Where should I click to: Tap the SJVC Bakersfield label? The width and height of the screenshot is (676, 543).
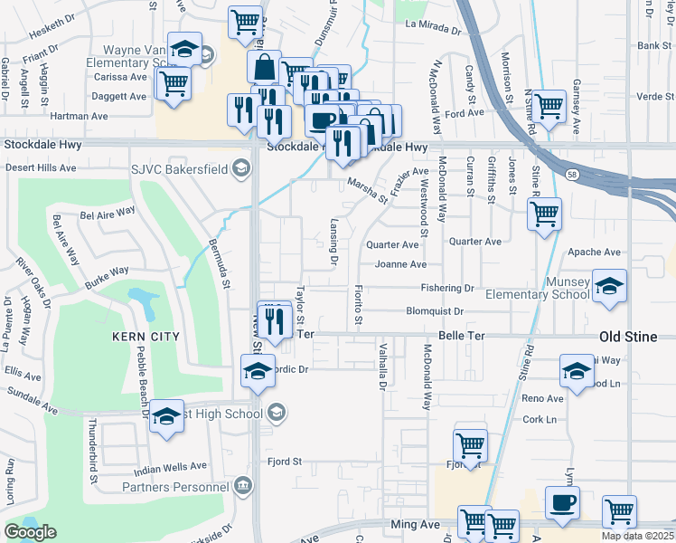pyautogui.click(x=185, y=167)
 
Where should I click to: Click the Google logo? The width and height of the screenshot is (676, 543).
pyautogui.click(x=30, y=532)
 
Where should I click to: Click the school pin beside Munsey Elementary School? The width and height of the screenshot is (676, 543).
pyautogui.click(x=609, y=285)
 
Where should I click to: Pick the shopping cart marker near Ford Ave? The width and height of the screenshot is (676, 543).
pyautogui.click(x=549, y=105)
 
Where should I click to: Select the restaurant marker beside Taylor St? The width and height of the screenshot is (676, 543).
pyautogui.click(x=276, y=318)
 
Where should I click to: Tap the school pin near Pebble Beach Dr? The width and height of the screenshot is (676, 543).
pyautogui.click(x=166, y=416)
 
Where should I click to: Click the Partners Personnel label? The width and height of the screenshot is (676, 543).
pyautogui.click(x=175, y=487)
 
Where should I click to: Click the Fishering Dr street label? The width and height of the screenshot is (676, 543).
pyautogui.click(x=446, y=289)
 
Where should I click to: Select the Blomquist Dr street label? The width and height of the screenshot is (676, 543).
pyautogui.click(x=434, y=311)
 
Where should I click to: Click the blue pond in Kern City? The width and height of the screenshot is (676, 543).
pyautogui.click(x=141, y=298)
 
